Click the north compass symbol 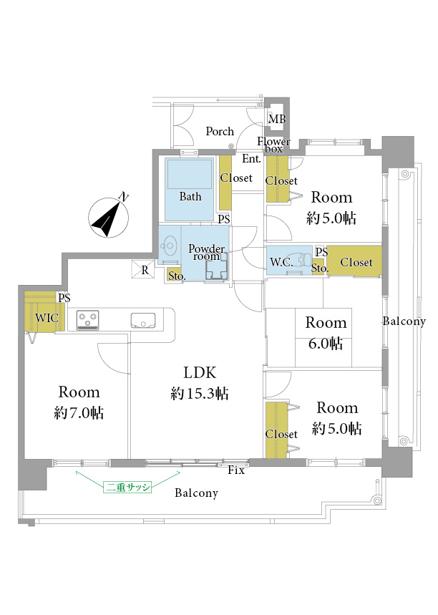109,216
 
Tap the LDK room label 200,372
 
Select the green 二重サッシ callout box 127,487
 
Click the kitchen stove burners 87,320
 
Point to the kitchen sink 142,320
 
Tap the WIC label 47,317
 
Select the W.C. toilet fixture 301,261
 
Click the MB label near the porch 277,118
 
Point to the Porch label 220,131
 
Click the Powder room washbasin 169,246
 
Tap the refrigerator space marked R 143,270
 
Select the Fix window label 236,470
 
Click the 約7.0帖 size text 79,413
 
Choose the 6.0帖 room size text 326,344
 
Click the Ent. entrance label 251,159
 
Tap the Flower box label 273,145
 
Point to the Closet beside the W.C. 356,262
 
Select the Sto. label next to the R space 177,276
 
